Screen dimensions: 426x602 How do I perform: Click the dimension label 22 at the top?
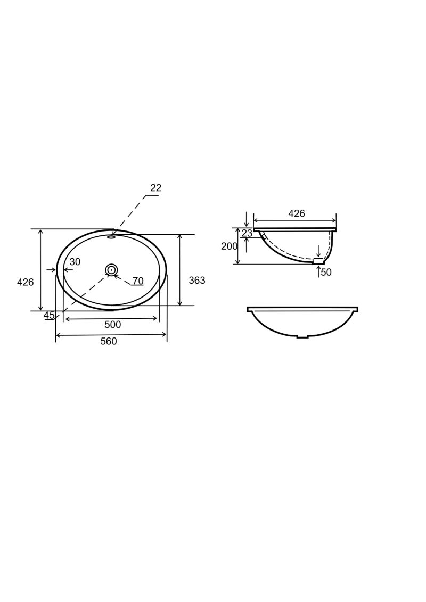pos(155,188)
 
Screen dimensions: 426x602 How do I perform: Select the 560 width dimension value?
pos(109,341)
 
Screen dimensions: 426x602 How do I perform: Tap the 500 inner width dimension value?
pos(113,324)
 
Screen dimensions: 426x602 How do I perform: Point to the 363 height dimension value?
pos(197,281)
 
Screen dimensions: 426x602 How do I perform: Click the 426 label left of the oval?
pos(26,282)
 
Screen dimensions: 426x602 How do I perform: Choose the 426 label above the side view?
pos(297,213)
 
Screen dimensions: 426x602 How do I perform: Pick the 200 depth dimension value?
pos(230,246)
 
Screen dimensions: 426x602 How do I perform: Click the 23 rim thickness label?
pos(247,234)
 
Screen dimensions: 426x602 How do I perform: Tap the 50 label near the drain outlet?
pos(326,272)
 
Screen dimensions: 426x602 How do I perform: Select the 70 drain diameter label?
pos(138,281)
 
